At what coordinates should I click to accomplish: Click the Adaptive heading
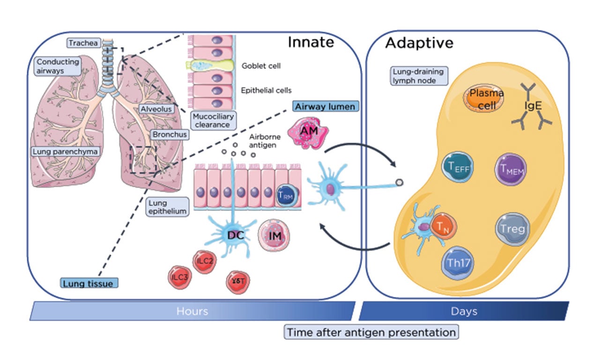(x=419, y=43)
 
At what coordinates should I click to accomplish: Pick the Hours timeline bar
(x=192, y=311)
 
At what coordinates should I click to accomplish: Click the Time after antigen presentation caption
(x=371, y=332)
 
